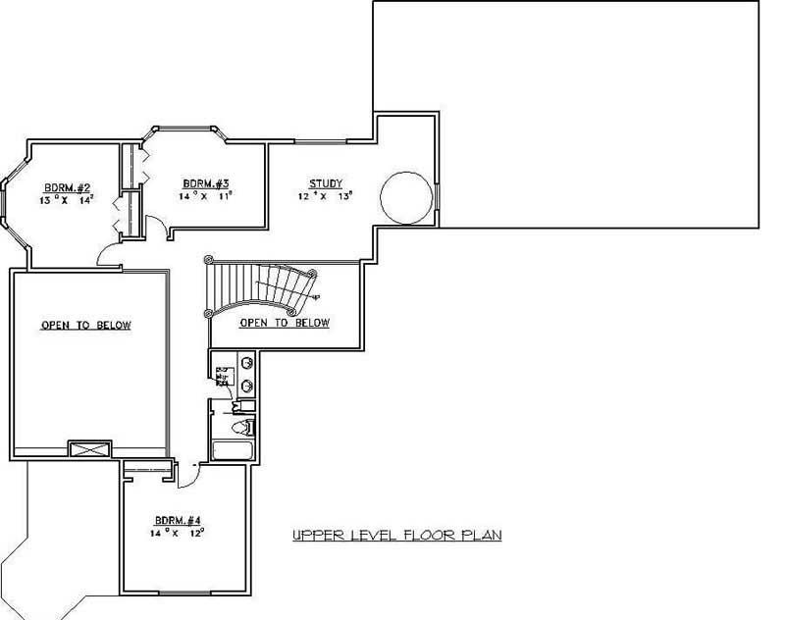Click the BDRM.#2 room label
[63, 187]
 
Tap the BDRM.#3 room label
[206, 183]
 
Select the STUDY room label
[326, 183]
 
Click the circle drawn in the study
[404, 196]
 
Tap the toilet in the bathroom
[241, 427]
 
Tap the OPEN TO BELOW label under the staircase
[285, 323]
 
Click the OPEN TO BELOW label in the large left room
[86, 326]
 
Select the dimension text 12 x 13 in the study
[325, 196]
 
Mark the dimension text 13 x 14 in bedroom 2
[64, 199]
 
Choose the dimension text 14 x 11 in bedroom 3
[206, 196]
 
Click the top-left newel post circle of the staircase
[208, 260]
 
